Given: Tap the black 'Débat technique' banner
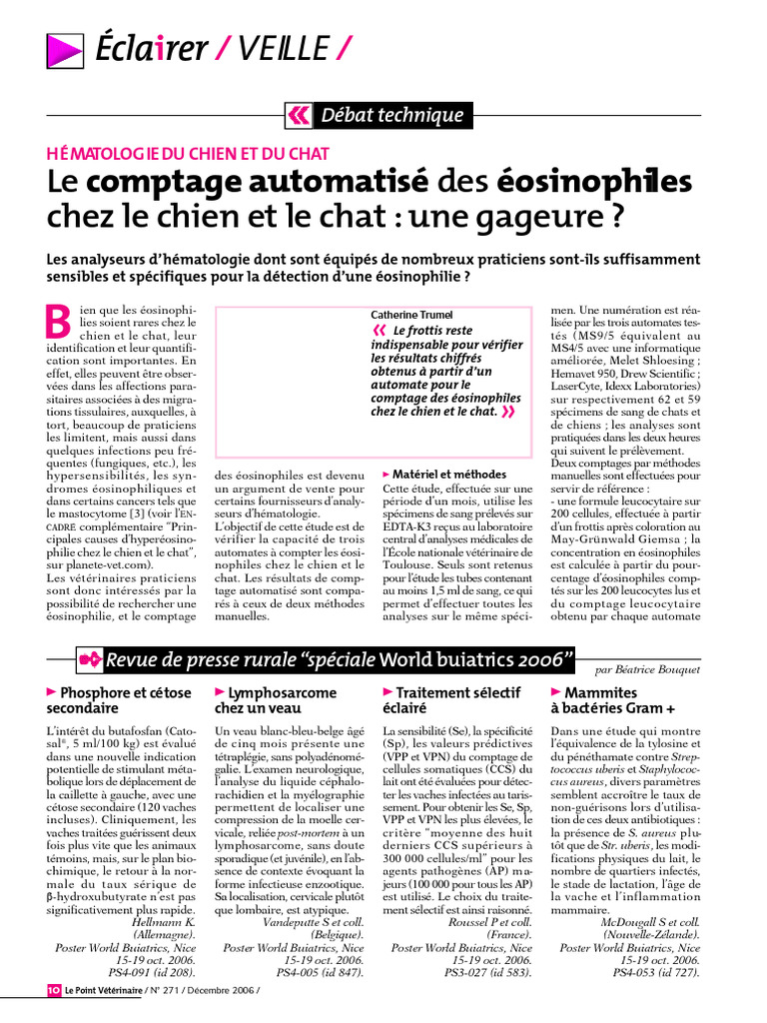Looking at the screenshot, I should pyautogui.click(x=390, y=115).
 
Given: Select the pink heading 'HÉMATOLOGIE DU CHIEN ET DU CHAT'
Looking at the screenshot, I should pyautogui.click(x=189, y=153).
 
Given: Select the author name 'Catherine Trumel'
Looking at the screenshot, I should pyautogui.click(x=412, y=314).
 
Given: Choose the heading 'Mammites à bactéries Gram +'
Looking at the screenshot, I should pyautogui.click(x=612, y=699).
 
